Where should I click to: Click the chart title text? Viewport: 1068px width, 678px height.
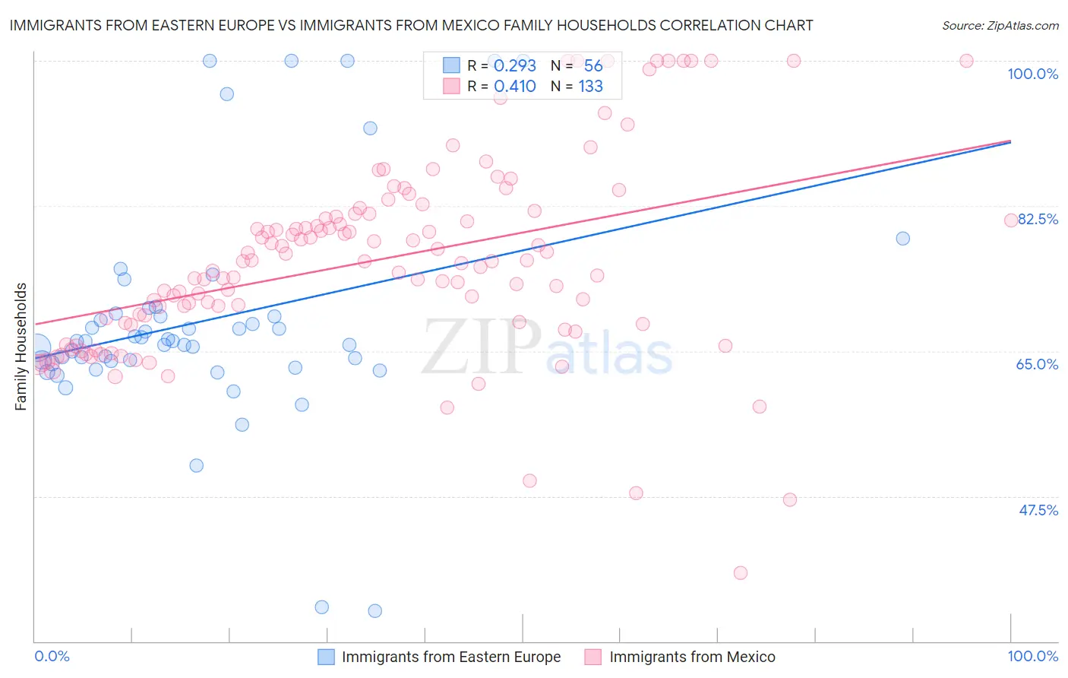[x=411, y=25]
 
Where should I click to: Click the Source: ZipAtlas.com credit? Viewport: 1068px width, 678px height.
[x=1000, y=25]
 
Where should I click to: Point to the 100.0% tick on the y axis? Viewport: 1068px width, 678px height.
[x=1032, y=74]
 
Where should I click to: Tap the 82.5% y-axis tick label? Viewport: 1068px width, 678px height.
[x=1038, y=219]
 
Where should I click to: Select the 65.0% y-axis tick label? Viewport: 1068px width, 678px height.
[x=1037, y=364]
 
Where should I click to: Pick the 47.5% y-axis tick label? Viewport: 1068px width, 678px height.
[x=1038, y=510]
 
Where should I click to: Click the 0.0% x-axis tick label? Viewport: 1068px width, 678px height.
[x=52, y=656]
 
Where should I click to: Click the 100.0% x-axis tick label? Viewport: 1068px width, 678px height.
[x=1032, y=656]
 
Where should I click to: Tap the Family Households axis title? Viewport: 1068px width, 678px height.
[x=21, y=347]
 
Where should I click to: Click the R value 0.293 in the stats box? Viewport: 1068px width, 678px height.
[x=514, y=66]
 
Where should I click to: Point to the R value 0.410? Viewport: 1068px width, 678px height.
[x=514, y=87]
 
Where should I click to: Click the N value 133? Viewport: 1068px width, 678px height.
[x=590, y=87]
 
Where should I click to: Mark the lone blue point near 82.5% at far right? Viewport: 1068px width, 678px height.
[x=902, y=239]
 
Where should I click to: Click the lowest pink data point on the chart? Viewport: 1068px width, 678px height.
[x=741, y=573]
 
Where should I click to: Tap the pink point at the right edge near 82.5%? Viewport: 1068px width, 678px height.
[x=1011, y=220]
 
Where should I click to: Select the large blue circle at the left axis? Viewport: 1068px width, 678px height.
[x=36, y=348]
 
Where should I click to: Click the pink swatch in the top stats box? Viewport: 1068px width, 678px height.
[x=451, y=86]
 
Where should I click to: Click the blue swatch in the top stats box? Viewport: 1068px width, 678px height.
[x=451, y=65]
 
